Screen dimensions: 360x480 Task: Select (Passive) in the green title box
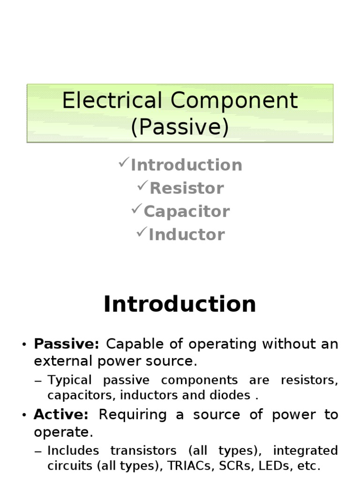180,127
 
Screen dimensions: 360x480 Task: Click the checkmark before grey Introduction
124,163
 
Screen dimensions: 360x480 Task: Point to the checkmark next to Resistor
142,186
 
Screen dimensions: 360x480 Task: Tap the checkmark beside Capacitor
137,209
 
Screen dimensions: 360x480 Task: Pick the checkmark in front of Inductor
142,232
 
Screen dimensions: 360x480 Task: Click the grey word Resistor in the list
187,188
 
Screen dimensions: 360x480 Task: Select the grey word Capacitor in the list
187,211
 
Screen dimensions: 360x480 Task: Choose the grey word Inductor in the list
187,234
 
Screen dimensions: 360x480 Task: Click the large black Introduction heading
180,304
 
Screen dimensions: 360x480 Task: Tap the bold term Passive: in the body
67,344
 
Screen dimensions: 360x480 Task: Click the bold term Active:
61,415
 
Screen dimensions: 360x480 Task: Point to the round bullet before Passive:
24,345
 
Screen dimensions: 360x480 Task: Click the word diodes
233,395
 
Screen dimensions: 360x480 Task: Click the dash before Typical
38,381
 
